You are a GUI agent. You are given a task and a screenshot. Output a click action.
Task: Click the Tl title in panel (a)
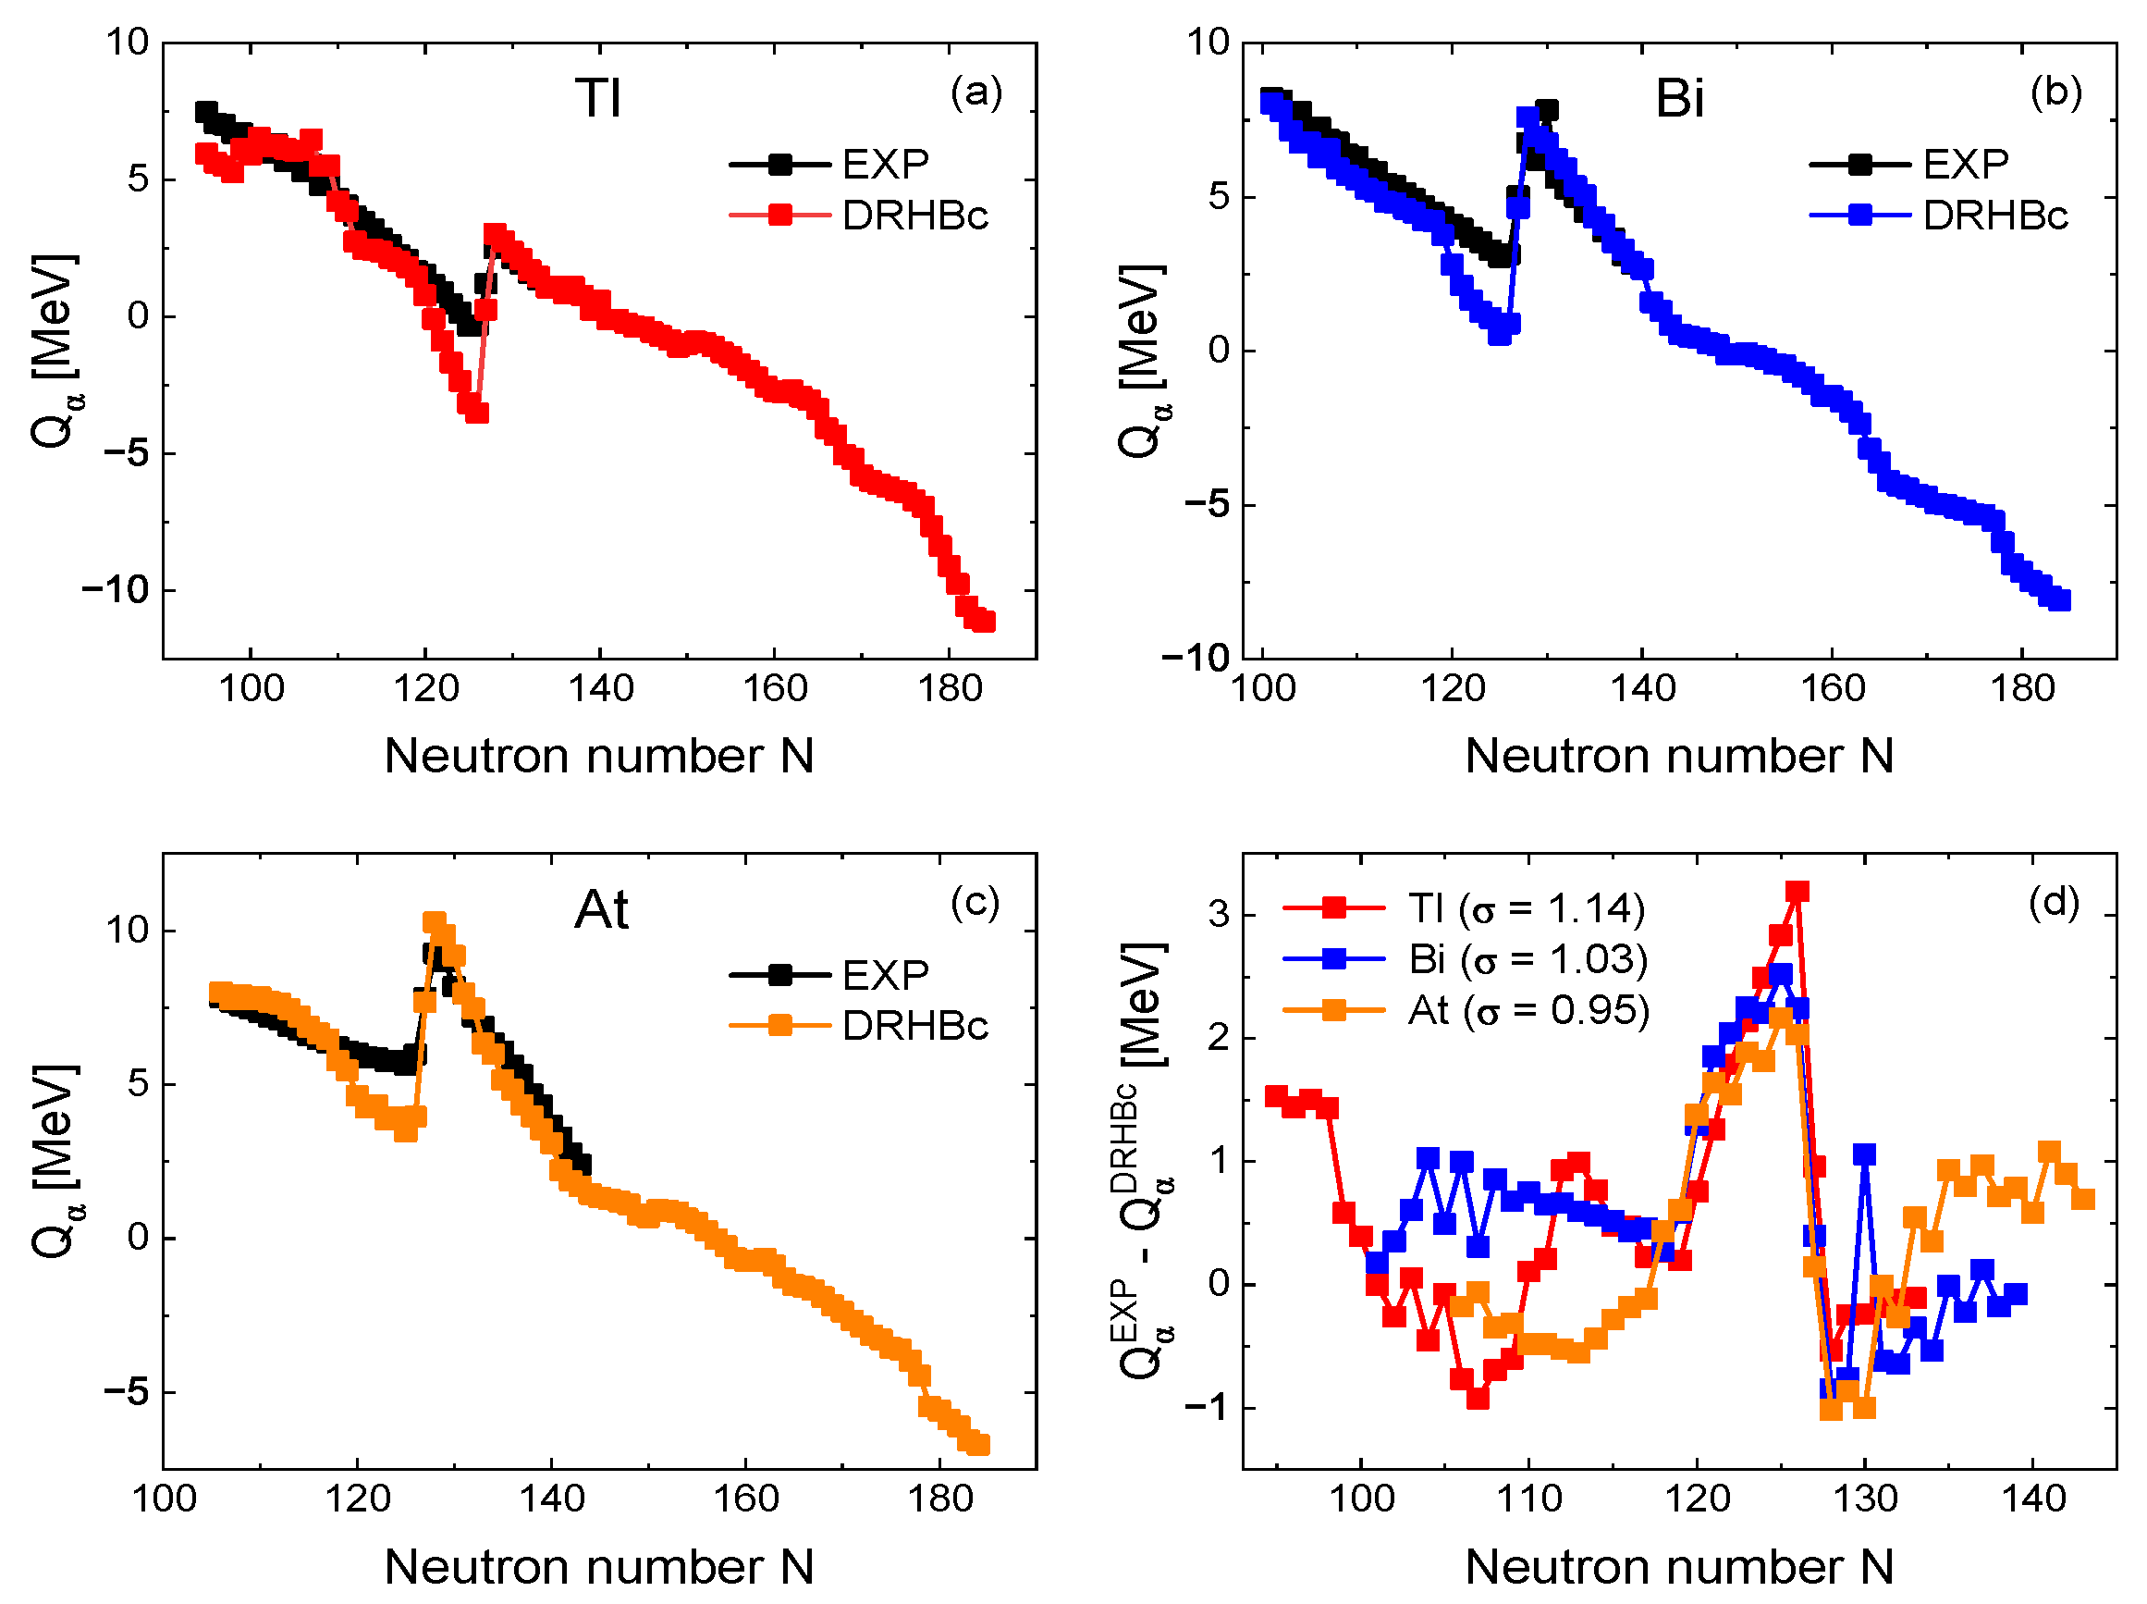click(x=597, y=99)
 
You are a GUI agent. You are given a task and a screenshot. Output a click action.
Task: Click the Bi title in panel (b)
click(x=1679, y=99)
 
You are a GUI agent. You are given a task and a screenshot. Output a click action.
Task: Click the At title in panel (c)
click(x=602, y=910)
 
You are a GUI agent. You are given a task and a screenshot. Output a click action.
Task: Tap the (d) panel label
click(x=2054, y=902)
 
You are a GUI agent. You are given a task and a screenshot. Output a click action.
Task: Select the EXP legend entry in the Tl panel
click(x=884, y=164)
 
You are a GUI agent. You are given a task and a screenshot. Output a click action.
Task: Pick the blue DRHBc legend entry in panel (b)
click(x=1994, y=216)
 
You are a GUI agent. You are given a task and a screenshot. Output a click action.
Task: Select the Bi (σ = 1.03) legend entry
click(x=1527, y=959)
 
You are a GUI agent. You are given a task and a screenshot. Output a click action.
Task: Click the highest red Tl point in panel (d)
click(x=1797, y=892)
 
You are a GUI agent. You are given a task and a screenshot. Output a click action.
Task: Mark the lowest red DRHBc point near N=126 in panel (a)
click(x=476, y=413)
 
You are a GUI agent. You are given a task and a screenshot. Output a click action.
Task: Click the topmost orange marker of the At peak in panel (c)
click(x=434, y=921)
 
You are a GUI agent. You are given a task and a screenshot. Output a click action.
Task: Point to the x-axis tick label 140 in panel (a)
click(x=601, y=688)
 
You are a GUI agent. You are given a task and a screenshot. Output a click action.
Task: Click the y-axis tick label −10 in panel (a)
click(x=115, y=589)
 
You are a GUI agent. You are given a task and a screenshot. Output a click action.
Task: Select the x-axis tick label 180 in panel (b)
click(x=2023, y=688)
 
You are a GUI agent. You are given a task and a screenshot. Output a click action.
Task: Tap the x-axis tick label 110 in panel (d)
click(x=1528, y=1499)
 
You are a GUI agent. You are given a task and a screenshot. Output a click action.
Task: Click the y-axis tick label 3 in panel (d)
click(x=1219, y=914)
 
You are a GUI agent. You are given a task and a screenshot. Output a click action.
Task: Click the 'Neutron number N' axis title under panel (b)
click(x=1679, y=756)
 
